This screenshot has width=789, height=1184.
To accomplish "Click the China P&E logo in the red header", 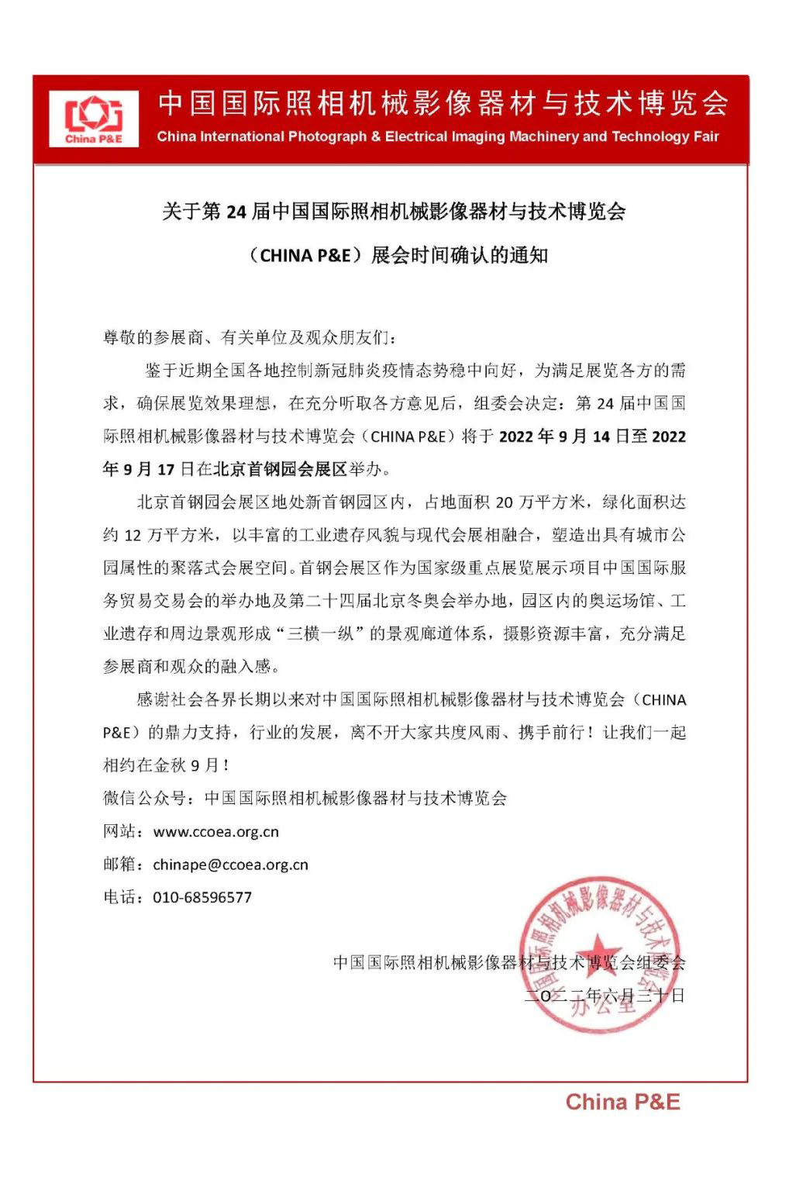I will [93, 119].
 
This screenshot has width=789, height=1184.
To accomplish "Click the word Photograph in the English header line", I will [326, 136].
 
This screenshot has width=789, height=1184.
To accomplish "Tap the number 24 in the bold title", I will [236, 212].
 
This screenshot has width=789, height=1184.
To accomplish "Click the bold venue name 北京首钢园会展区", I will [279, 469].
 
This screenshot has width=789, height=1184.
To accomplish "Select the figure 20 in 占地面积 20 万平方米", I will [505, 502].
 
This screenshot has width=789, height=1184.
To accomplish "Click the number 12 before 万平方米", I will [133, 535].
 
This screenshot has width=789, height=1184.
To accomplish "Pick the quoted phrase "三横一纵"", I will [321, 633].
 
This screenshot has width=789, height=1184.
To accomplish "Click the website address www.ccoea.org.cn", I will [215, 832].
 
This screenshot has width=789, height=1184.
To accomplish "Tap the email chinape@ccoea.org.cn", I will [230, 865].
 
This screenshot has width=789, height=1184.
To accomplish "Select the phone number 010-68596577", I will [202, 897].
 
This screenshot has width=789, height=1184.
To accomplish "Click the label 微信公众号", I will [144, 799].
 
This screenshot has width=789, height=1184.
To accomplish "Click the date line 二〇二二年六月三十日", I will [605, 996].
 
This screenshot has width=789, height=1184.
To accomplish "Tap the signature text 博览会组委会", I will [636, 963].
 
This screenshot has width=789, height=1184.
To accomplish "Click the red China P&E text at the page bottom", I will [622, 1102].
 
